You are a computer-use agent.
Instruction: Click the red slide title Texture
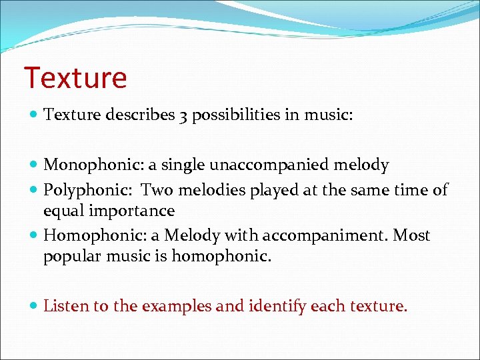(x=75, y=77)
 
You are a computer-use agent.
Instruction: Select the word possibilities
(x=233, y=115)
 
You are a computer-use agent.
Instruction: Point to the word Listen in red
(x=65, y=306)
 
